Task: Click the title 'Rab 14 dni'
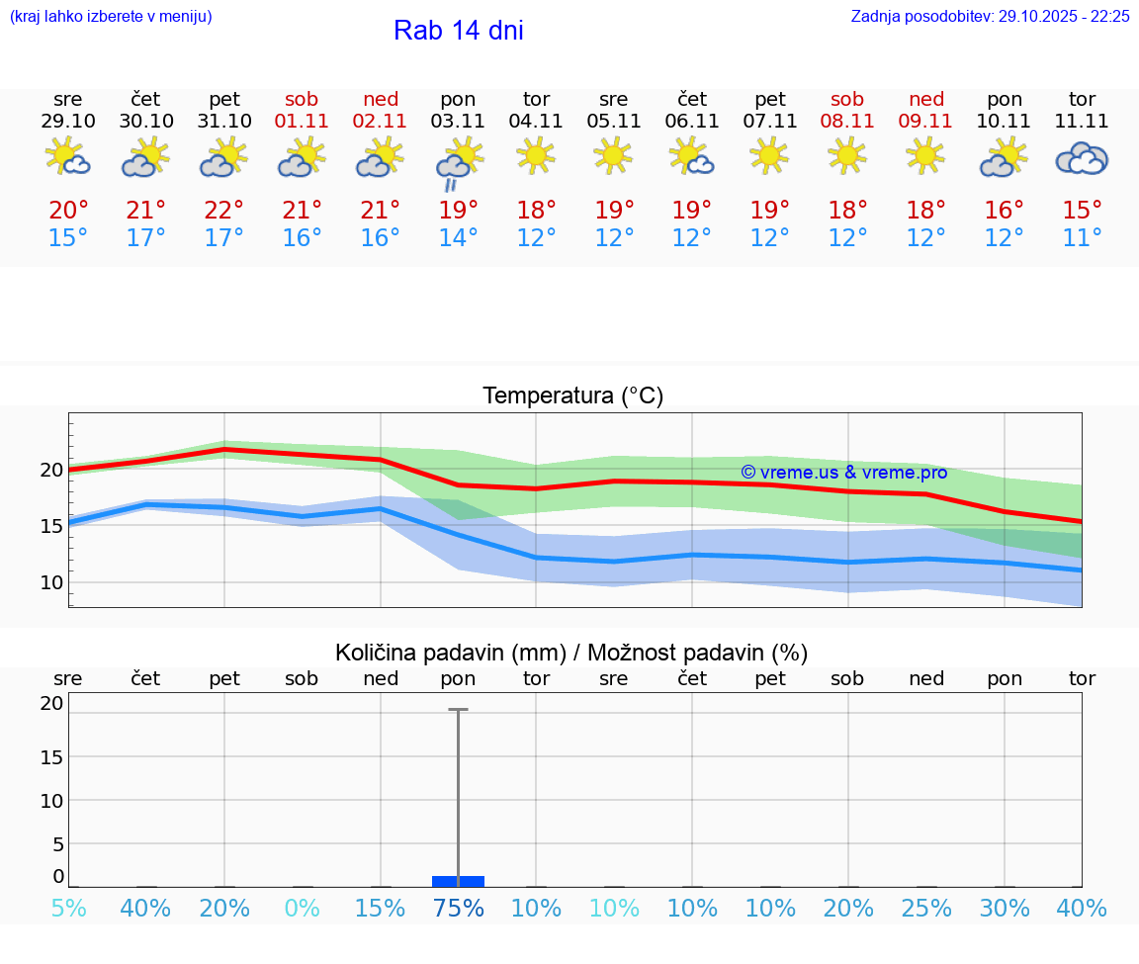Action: click(x=458, y=31)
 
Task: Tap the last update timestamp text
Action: click(x=990, y=17)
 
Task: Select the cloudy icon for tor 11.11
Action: click(x=1082, y=158)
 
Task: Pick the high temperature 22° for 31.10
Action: click(x=224, y=211)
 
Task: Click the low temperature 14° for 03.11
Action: click(x=458, y=238)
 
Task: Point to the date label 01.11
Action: click(x=302, y=122)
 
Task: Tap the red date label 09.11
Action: click(x=925, y=122)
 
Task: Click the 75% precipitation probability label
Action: click(x=458, y=909)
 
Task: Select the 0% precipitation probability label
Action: click(x=302, y=909)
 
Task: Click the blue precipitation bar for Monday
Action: click(x=458, y=881)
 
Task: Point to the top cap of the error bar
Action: click(x=458, y=710)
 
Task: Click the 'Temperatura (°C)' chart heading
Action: click(x=572, y=396)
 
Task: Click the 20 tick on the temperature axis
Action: click(x=51, y=470)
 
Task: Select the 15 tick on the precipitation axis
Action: click(x=51, y=757)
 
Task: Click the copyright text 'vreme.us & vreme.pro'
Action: click(x=843, y=473)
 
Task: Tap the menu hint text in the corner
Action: click(x=110, y=17)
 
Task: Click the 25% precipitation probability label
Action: click(x=926, y=909)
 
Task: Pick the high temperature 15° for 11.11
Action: click(x=1082, y=211)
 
